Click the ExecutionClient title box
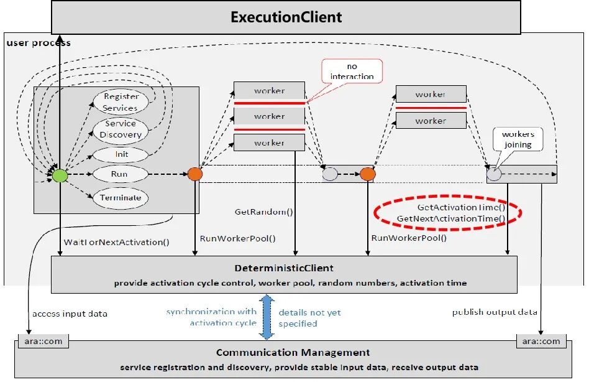[286, 17]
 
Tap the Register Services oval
[120, 102]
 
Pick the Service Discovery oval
[120, 129]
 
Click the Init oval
[121, 154]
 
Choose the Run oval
[120, 174]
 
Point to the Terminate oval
[121, 198]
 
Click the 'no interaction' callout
[352, 72]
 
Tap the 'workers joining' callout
[518, 139]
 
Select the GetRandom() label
[263, 212]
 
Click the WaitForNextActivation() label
[116, 241]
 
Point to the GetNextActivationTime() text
[450, 218]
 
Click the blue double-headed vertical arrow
[267, 317]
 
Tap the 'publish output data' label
[495, 312]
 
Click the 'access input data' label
[70, 314]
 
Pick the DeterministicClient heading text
[283, 268]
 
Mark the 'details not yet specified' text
[309, 318]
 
